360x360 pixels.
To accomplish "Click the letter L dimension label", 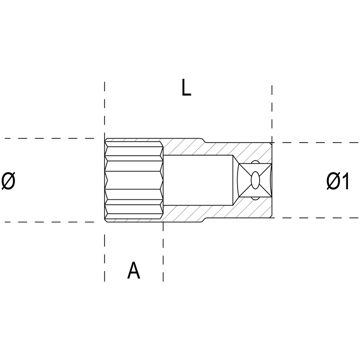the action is click(x=186, y=87).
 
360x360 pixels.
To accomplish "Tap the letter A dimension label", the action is click(x=134, y=270).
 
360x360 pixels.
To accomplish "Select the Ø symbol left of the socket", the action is click(x=8, y=181).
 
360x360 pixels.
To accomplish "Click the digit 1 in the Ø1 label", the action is click(x=345, y=181).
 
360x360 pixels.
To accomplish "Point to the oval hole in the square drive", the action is click(x=255, y=180).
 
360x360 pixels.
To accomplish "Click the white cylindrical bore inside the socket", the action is click(x=198, y=180).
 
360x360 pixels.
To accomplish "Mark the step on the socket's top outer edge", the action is click(x=203, y=140).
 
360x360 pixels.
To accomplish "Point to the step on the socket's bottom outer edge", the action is click(x=203, y=220).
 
